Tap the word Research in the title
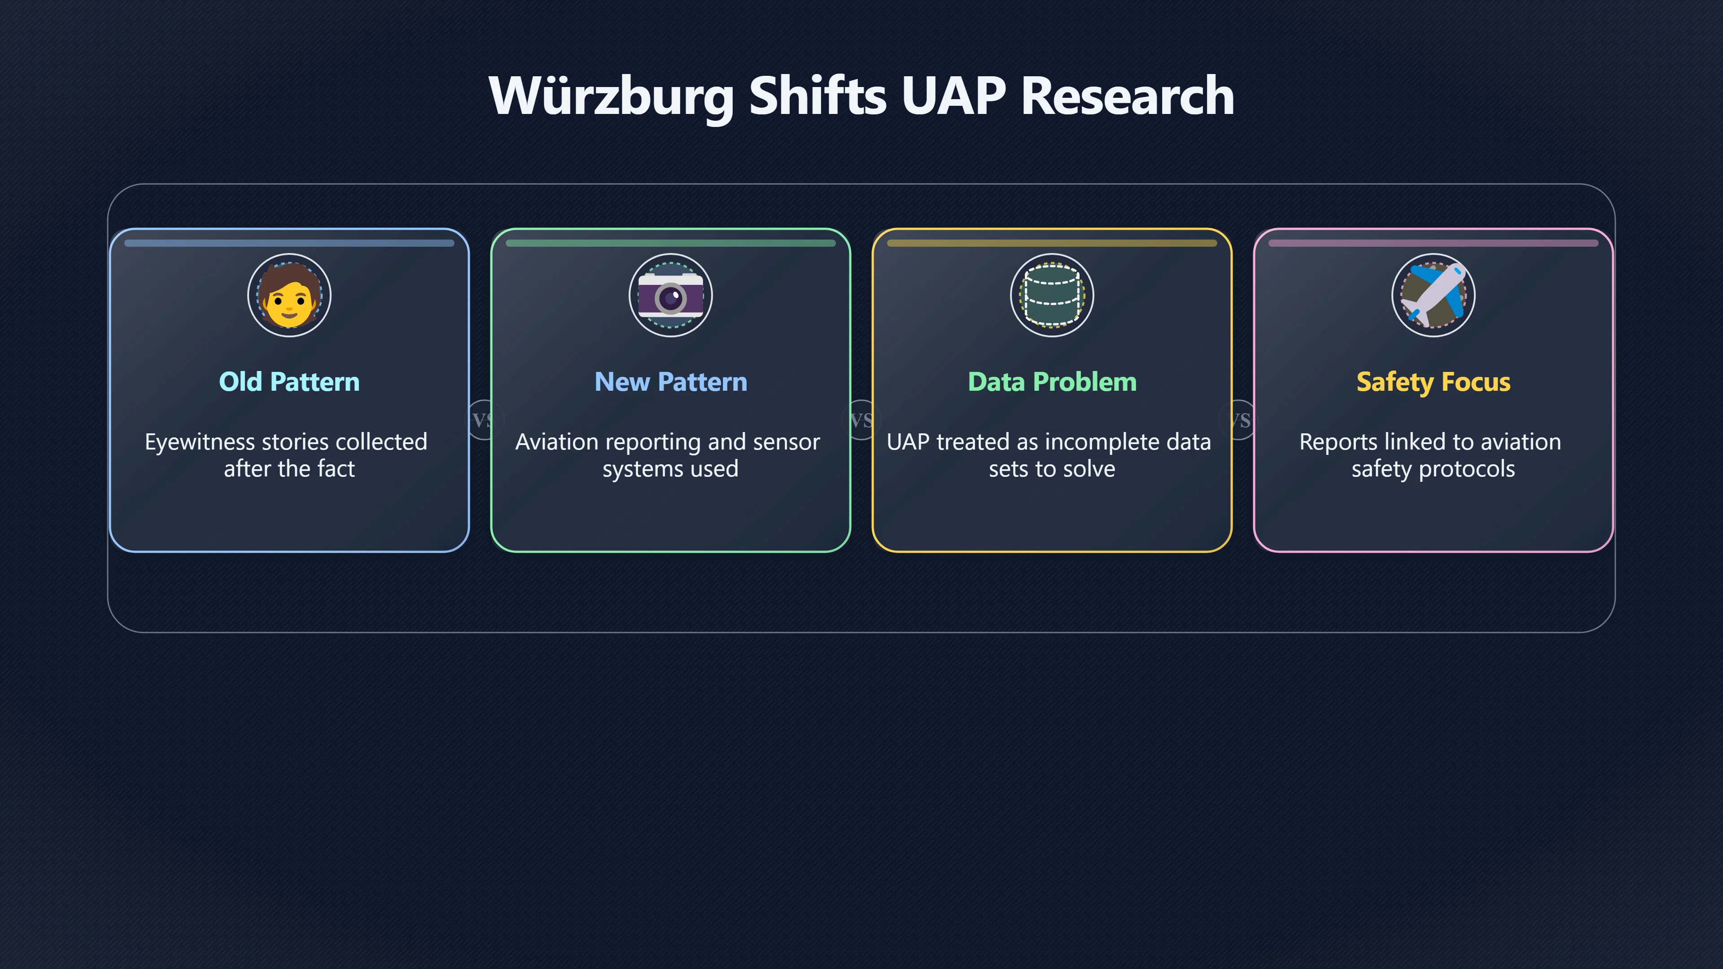click(x=1127, y=96)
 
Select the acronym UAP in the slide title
click(x=954, y=96)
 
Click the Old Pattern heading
click(x=289, y=382)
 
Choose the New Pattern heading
click(x=671, y=382)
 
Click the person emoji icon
click(x=289, y=295)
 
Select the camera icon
click(x=671, y=295)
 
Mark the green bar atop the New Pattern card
click(x=671, y=244)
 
